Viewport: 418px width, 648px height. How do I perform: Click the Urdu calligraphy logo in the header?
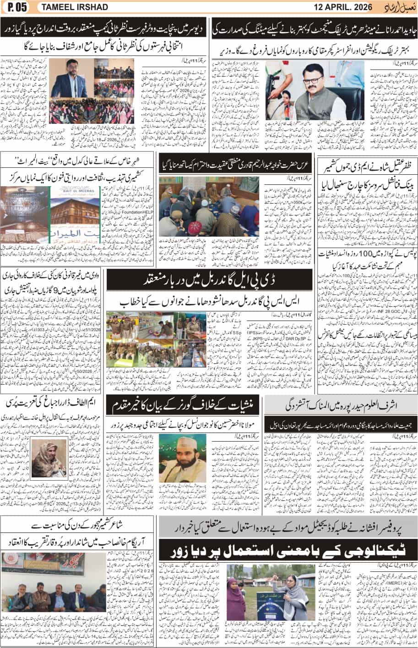[401, 7]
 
